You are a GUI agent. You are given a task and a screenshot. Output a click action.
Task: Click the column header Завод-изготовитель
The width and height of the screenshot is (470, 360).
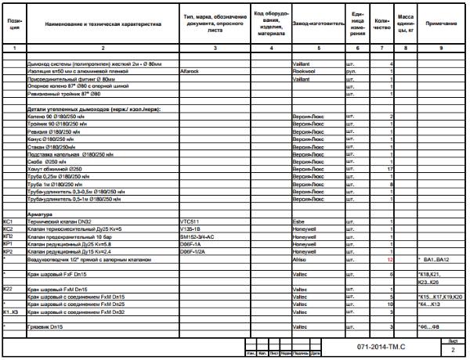coord(317,24)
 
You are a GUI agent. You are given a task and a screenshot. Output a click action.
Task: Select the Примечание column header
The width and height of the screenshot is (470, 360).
coord(441,23)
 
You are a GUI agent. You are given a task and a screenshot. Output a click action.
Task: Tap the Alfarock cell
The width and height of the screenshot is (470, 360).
coord(190,70)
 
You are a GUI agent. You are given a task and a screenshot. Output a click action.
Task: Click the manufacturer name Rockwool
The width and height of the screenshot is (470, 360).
coord(302,70)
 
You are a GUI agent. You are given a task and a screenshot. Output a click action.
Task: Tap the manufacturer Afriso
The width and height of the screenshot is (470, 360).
coord(300,258)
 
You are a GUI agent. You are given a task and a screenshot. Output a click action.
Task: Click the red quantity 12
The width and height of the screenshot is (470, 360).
coord(389,258)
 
